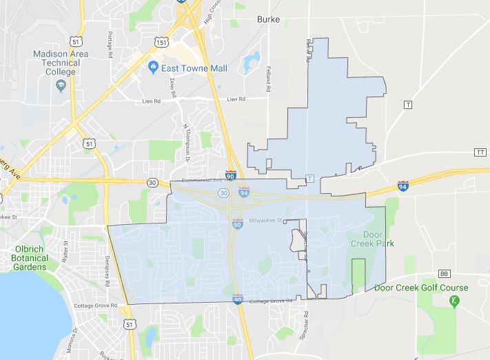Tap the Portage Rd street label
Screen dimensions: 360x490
coord(110,45)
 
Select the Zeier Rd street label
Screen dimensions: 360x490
coord(172,89)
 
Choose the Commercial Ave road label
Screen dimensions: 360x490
coord(201,181)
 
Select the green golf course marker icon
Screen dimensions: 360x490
coord(453,301)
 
